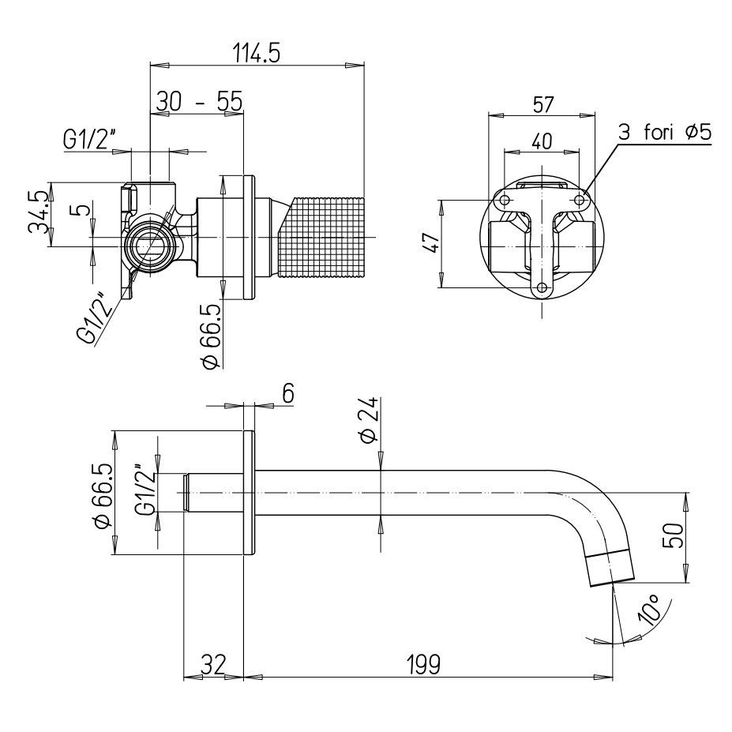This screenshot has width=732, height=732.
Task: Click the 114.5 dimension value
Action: tap(257, 54)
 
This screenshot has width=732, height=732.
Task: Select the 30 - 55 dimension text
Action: tap(198, 102)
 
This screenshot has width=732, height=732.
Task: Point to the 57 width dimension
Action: tap(543, 104)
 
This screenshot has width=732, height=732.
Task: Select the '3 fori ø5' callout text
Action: tap(664, 133)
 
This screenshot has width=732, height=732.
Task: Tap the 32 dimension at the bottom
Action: tap(212, 663)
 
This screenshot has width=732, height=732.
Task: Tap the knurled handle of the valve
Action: tap(324, 237)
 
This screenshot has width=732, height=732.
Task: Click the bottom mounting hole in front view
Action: tap(542, 288)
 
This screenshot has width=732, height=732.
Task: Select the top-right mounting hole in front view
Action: tap(579, 201)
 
